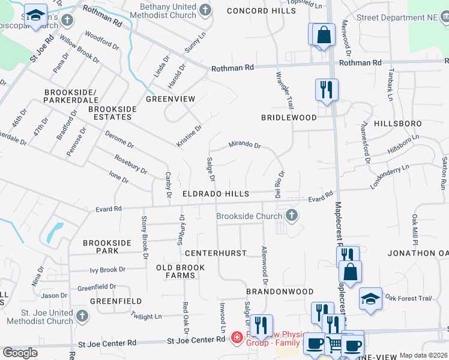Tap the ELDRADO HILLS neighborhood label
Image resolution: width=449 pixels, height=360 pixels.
coord(215,194)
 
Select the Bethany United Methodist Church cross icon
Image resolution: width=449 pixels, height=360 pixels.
coord(205,10)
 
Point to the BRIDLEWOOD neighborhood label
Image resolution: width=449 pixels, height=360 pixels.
coord(288,118)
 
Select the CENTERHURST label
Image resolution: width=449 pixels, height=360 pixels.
coord(215,253)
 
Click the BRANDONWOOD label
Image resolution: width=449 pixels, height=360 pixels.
coord(280,291)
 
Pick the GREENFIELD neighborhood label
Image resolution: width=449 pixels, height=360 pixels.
coord(116,301)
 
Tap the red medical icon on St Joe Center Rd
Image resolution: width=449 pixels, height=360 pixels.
coord(237,338)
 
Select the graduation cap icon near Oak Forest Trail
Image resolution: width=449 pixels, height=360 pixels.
coord(370,298)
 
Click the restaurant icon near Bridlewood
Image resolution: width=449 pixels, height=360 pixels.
coord(326,90)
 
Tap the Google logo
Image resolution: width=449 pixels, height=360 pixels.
coord(19,353)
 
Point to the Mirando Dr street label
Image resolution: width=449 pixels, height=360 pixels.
coord(244,145)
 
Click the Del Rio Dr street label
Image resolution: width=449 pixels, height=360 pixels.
coord(279,185)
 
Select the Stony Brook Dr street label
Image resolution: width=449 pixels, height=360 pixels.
coord(144,237)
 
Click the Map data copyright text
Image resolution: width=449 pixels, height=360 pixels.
coord(423,355)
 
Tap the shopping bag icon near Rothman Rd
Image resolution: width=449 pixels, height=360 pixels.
coord(324,34)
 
